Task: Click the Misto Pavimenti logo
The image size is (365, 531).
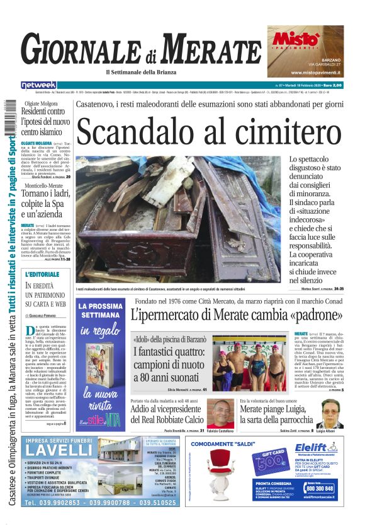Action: (x=294, y=40)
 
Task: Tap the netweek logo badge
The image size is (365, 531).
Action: (x=38, y=85)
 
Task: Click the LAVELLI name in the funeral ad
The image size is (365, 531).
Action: (x=60, y=450)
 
